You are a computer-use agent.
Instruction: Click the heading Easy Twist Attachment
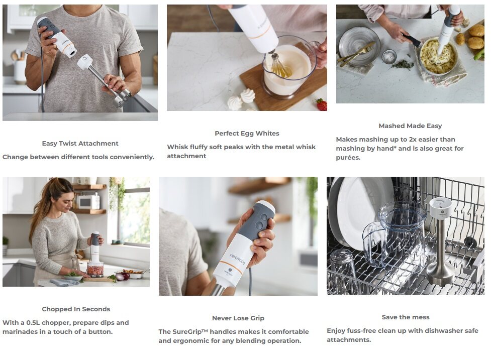pos(80,144)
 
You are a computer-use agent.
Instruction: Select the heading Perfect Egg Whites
pos(247,134)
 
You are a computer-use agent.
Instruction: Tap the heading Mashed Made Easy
pos(410,126)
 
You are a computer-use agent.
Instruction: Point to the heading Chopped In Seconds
pos(76,309)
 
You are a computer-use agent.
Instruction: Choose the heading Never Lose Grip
pos(238,318)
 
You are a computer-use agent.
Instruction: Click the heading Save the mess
pos(406,317)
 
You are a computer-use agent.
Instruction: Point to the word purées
pos(348,158)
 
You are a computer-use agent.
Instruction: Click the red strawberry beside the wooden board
pos(321,104)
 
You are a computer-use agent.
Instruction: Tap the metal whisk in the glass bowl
pos(279,66)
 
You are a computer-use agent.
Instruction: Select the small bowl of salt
pos(389,57)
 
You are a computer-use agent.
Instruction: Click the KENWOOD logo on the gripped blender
pos(237,259)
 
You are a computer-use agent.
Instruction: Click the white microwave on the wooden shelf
pos(88,201)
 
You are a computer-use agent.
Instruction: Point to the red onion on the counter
pos(124,277)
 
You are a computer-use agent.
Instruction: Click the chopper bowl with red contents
pos(95,270)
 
